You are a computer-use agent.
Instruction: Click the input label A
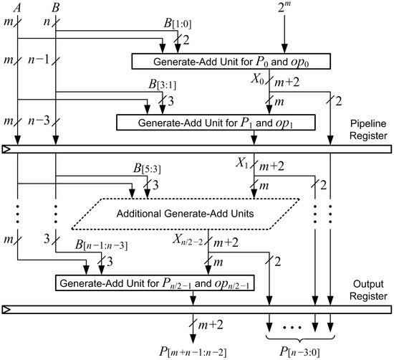[x=16, y=8]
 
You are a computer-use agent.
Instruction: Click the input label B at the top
[x=56, y=8]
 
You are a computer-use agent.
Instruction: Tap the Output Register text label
[x=367, y=289]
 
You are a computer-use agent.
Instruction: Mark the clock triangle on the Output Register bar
[x=6, y=309]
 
